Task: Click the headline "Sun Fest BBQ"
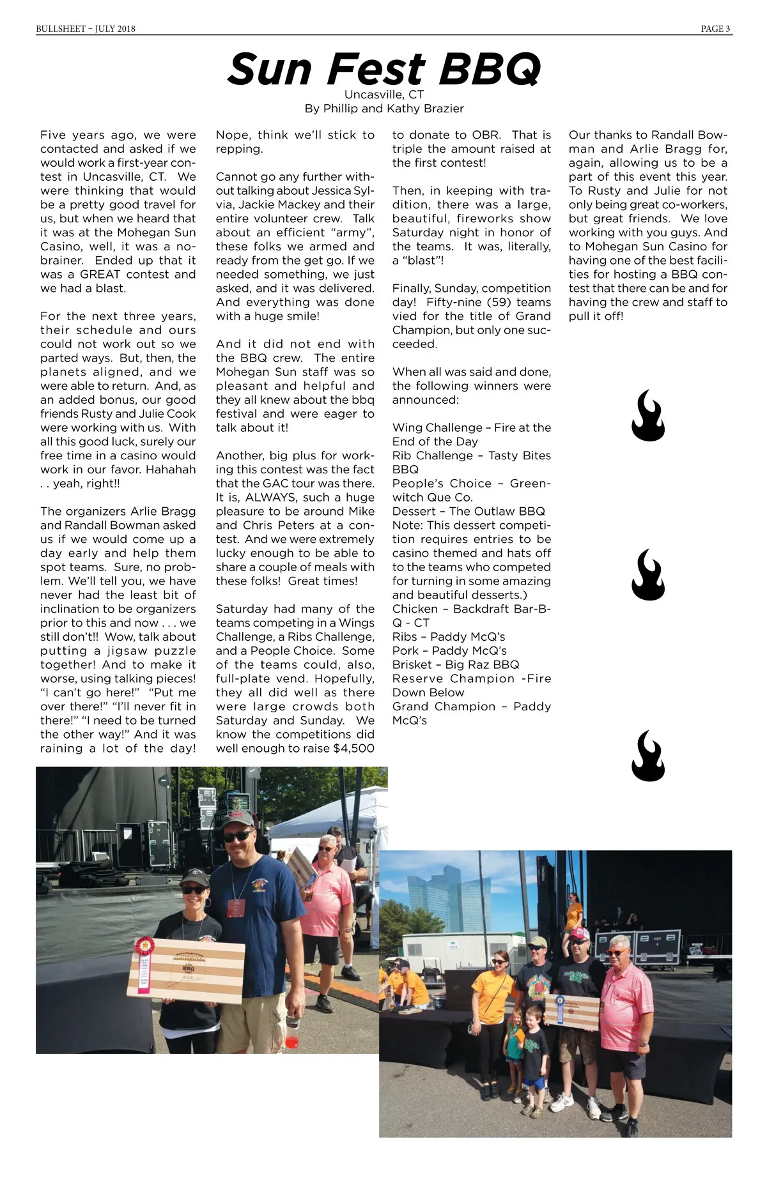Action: [x=383, y=69]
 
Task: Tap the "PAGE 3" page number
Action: [x=715, y=29]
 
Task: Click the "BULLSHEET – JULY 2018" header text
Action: [x=86, y=29]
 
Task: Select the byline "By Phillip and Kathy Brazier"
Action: [x=384, y=109]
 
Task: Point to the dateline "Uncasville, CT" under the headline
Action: [x=384, y=95]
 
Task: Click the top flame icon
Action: [x=647, y=416]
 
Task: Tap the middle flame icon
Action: [x=647, y=575]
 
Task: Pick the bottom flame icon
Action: [x=647, y=756]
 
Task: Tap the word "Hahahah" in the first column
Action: [x=171, y=470]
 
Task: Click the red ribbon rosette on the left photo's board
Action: [x=144, y=948]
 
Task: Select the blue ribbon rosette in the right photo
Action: [x=561, y=1001]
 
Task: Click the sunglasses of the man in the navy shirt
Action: [x=237, y=836]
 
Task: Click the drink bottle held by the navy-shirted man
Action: [x=292, y=1028]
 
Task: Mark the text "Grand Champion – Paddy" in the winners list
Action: [x=471, y=707]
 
